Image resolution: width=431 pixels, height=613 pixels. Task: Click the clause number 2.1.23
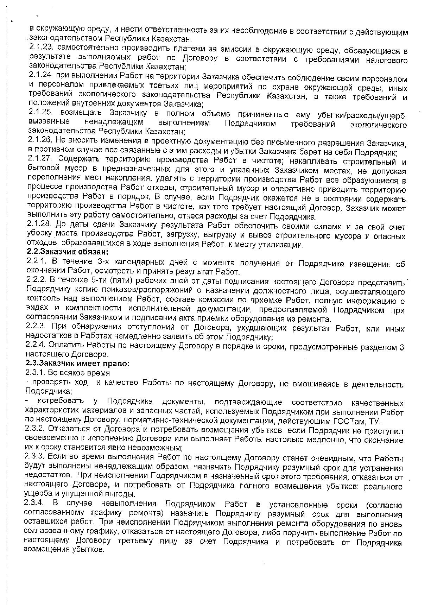click(x=41, y=47)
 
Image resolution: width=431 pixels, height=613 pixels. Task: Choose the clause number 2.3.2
click(x=37, y=429)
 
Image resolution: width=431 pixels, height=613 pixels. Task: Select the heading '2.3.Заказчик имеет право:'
click(x=77, y=364)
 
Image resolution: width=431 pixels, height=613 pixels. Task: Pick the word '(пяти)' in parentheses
click(x=122, y=281)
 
